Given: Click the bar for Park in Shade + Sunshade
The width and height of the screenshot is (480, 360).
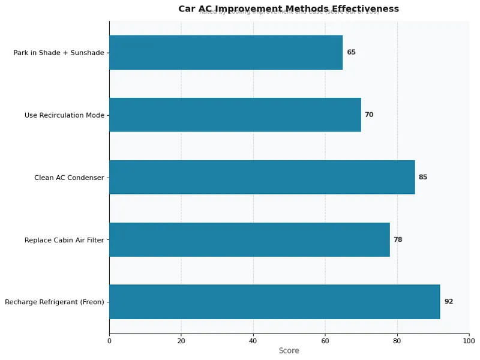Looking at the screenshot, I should tap(226, 52).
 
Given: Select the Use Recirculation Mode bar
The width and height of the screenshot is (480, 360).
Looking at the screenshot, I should tap(235, 115).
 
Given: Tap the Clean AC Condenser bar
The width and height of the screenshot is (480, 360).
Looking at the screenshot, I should tap(262, 177).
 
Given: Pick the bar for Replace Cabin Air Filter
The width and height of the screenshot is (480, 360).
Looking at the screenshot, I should tap(250, 239).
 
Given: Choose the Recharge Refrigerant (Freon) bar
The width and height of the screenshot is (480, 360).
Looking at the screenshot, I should tap(275, 302).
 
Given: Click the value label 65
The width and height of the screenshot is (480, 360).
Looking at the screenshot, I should tap(351, 52).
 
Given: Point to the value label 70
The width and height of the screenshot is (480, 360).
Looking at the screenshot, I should tap(369, 115).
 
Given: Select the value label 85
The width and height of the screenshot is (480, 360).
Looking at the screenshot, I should tap(423, 177).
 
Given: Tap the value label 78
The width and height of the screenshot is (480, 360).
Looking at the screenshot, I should tap(398, 239).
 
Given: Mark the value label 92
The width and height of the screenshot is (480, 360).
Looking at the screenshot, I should tap(449, 302).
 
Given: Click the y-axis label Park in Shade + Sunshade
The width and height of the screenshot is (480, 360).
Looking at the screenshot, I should tap(59, 53).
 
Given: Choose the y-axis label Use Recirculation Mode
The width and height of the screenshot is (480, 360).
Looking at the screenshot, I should tap(64, 115).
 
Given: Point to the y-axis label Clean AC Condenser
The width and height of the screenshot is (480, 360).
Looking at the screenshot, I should tap(69, 178).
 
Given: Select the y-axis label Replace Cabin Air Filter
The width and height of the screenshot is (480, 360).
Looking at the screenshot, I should tap(64, 240).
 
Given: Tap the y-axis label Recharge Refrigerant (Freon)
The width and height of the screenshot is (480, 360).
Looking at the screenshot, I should tap(55, 302).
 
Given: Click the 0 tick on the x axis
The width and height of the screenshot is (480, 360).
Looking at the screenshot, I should tap(109, 341).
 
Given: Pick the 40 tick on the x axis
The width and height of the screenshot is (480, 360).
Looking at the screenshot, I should tap(253, 341).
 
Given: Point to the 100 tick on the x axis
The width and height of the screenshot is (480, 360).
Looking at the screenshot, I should tap(469, 341).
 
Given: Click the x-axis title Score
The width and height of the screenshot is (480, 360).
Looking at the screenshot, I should tap(289, 350).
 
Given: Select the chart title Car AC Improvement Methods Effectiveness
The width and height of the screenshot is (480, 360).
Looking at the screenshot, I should tap(289, 8).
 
